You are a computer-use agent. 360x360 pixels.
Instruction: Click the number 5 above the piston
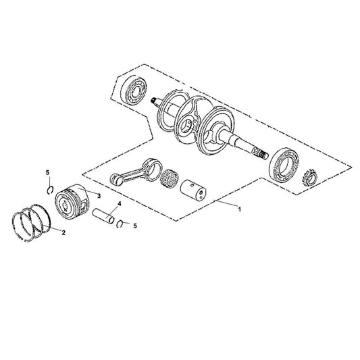[47, 174]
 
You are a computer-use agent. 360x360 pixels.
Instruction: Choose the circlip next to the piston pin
[120, 224]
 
